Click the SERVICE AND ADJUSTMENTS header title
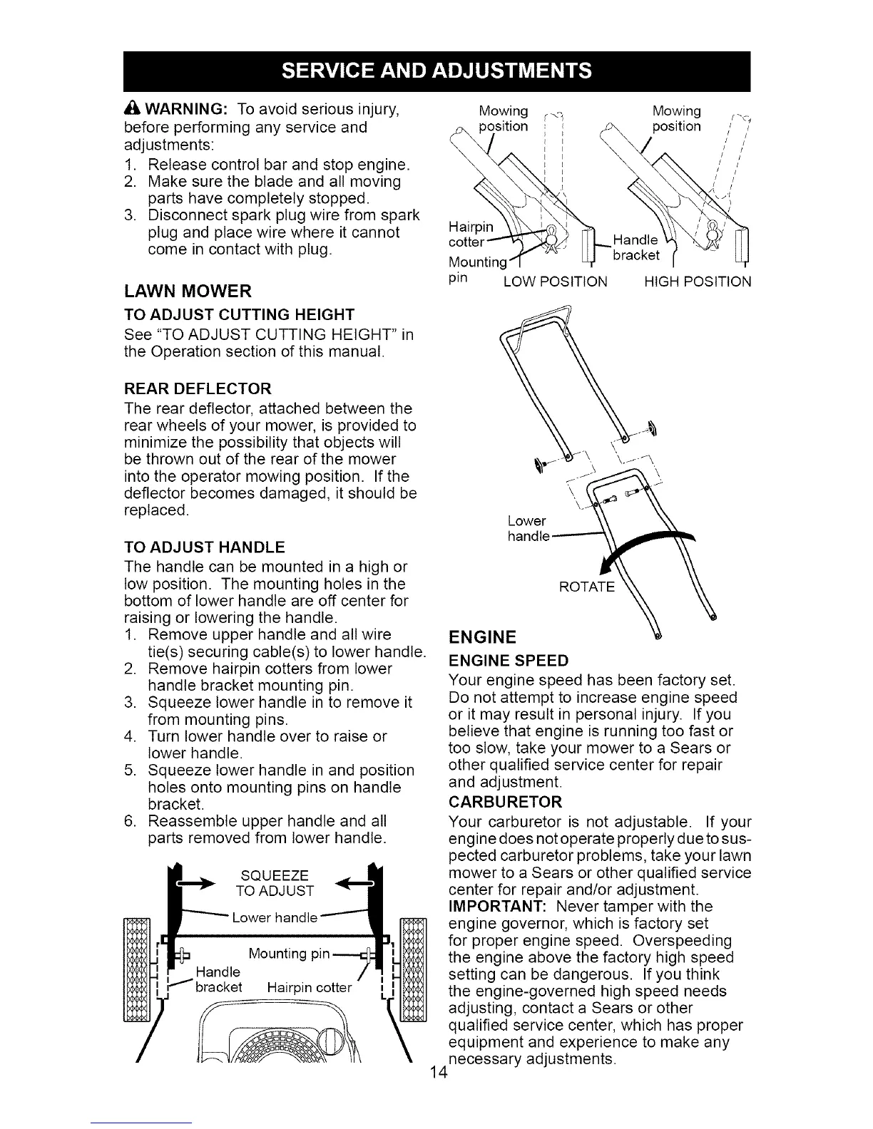(x=436, y=71)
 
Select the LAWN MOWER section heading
(x=188, y=291)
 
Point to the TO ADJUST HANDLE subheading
(x=204, y=547)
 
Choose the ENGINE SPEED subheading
(x=509, y=660)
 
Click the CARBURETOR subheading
(x=505, y=801)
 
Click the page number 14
(x=439, y=1073)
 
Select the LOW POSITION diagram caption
(x=555, y=282)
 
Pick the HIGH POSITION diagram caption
(x=697, y=282)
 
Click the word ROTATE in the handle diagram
(x=586, y=587)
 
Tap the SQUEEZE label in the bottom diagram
(x=275, y=875)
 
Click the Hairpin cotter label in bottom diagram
(x=309, y=988)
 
